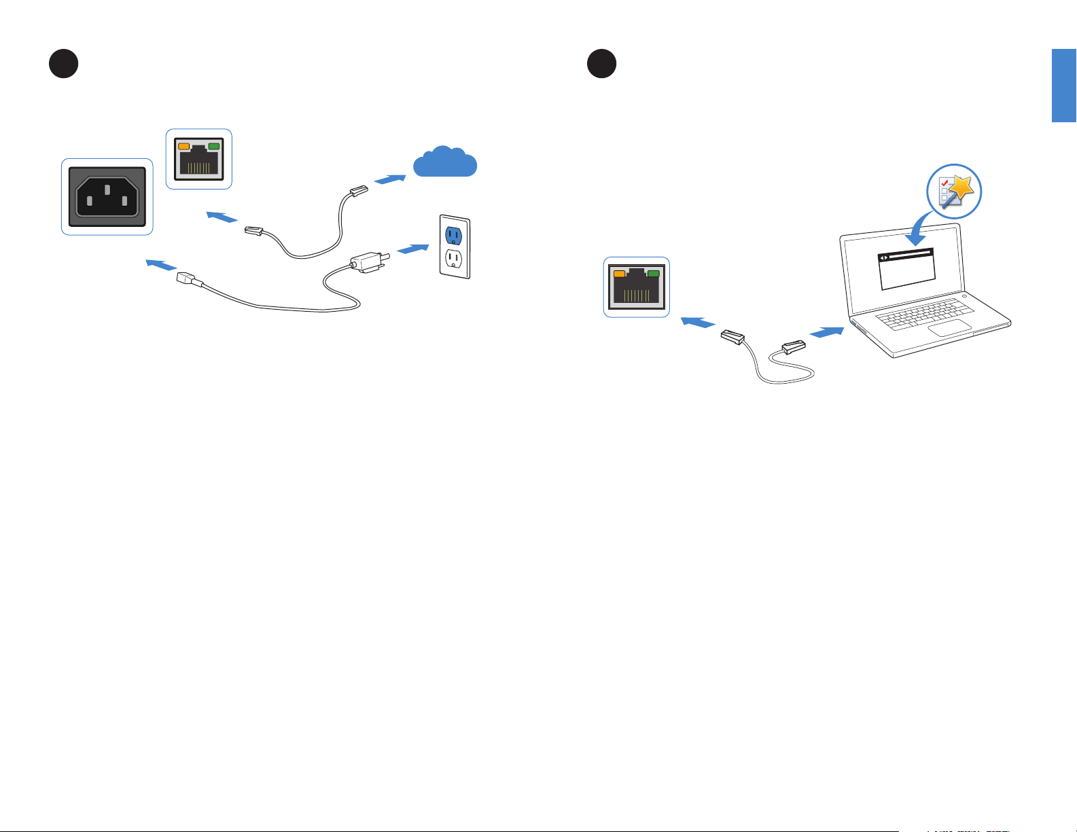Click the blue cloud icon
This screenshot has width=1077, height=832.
tap(445, 163)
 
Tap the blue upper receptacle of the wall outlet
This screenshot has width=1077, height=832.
tap(453, 235)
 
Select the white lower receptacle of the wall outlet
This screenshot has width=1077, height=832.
tap(453, 259)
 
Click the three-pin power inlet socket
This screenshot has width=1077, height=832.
tap(107, 197)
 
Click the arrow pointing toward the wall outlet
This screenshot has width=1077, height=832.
tap(414, 249)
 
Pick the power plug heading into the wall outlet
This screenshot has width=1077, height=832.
tap(368, 262)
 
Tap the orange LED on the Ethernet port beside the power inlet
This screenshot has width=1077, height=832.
tap(183, 146)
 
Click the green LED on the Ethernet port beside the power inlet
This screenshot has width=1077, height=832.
tap(214, 146)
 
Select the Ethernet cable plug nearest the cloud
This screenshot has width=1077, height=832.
tap(357, 192)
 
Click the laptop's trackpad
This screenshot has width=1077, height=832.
tap(950, 329)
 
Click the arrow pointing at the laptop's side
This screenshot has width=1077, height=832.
tap(827, 333)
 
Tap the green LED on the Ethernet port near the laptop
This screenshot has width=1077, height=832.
tap(654, 274)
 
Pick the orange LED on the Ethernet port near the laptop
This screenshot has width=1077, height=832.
tap(620, 274)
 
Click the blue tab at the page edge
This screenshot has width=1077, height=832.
tap(1064, 85)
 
